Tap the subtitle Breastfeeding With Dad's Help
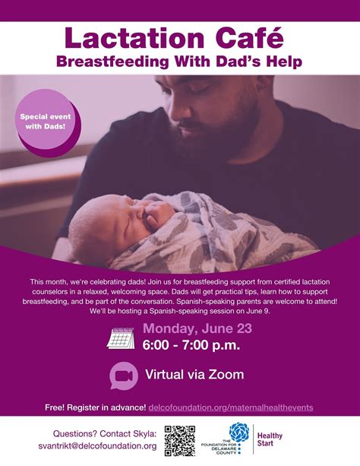pos(180,61)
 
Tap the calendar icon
pos(121,337)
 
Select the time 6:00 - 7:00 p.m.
pos(191,346)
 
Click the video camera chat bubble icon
pos(124,375)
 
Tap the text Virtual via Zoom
pos(194,375)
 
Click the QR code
pos(180,440)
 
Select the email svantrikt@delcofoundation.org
pos(97,446)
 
